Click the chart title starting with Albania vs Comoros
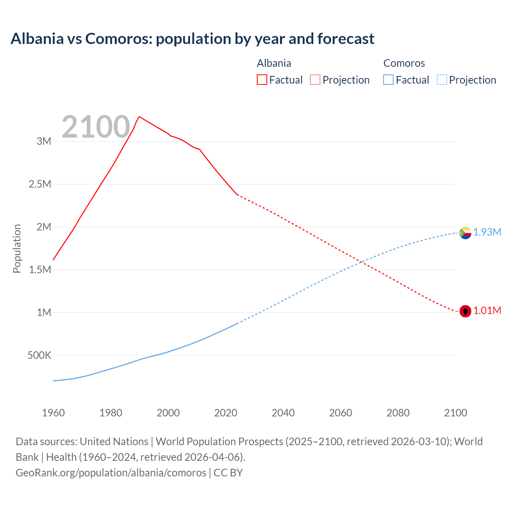coord(192,39)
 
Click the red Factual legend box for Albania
coord(262,80)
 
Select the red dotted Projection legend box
coord(315,80)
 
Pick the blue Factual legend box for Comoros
coord(388,80)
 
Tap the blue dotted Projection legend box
coord(442,80)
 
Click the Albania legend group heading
coord(274,63)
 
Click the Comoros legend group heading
coord(404,63)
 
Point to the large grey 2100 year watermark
coord(96,127)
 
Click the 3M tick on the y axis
coord(44,141)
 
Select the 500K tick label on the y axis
coord(39,355)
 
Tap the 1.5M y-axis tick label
coord(40,270)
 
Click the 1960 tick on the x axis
coord(53,413)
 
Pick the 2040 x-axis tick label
coord(283,413)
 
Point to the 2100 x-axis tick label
coord(456,413)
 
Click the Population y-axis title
coord(17,248)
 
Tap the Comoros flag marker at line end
coord(465,232)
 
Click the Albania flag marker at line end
coord(465,311)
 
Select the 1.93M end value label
coord(487,232)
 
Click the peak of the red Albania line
coord(139,117)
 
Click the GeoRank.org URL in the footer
coord(111,472)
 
